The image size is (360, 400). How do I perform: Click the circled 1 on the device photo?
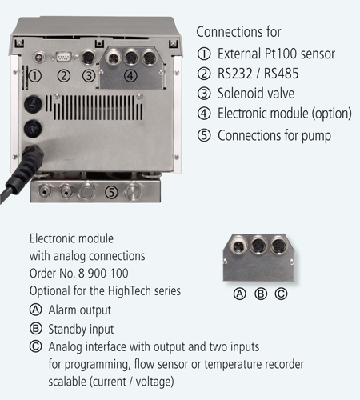(35, 75)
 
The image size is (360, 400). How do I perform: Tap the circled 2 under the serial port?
(64, 75)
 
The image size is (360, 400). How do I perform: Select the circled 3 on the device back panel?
(89, 75)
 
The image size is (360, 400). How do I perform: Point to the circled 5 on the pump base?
(111, 192)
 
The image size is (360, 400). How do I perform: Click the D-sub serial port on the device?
(64, 57)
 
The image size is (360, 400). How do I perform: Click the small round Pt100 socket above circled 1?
(39, 57)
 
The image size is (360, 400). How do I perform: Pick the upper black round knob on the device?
(33, 104)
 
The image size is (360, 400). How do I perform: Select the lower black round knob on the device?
(33, 129)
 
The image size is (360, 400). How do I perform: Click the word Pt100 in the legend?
(281, 54)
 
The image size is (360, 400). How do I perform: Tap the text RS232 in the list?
(235, 74)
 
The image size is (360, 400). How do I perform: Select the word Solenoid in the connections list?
(241, 94)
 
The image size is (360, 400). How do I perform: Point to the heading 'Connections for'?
(238, 32)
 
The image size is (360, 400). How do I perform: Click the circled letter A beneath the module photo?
(240, 294)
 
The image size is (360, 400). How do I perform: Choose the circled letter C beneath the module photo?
(281, 294)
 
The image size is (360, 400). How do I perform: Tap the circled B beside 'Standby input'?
(36, 328)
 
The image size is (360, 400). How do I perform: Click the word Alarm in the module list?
(62, 310)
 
